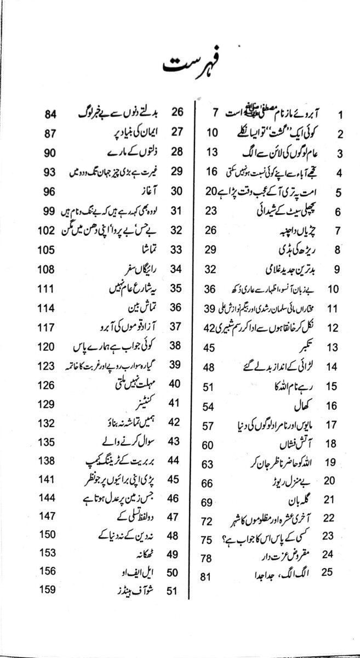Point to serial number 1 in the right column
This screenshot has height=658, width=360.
click(x=340, y=115)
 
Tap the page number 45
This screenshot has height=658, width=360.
click(x=209, y=348)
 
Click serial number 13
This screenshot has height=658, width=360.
click(x=333, y=348)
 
